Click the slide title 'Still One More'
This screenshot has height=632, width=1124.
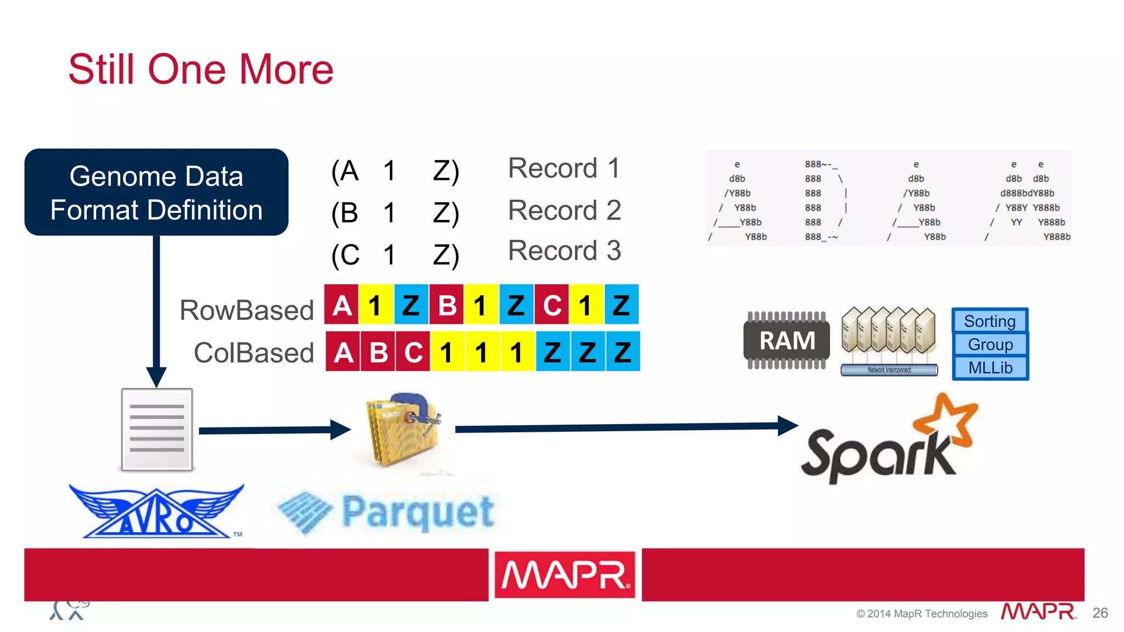point(201,70)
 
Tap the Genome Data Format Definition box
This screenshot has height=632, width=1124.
point(156,193)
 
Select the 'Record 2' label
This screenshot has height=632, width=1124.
point(564,211)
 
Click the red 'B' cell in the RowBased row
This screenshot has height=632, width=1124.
point(447,305)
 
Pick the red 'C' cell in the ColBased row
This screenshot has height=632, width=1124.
point(413,352)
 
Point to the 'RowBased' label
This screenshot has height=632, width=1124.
point(246,310)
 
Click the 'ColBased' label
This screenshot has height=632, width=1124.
point(254,353)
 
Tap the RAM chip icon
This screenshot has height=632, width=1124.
point(786,341)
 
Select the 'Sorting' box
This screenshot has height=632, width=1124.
point(990,321)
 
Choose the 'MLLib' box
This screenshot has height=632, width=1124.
point(990,368)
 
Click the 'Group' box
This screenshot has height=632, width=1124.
point(990,345)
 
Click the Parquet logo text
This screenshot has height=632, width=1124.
point(418,512)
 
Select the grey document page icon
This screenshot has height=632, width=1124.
point(157,430)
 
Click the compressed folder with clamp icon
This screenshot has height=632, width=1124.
point(403,429)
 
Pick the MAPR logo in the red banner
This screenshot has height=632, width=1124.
point(565,574)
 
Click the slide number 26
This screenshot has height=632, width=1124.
point(1100,613)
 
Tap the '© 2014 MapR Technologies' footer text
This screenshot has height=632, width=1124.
point(921,614)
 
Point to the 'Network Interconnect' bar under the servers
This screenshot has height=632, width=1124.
point(889,370)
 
